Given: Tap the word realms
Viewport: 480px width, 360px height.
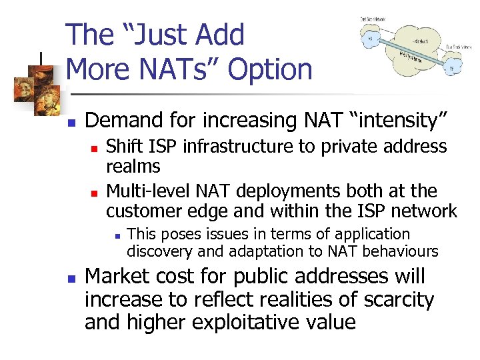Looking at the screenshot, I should tap(133, 167).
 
